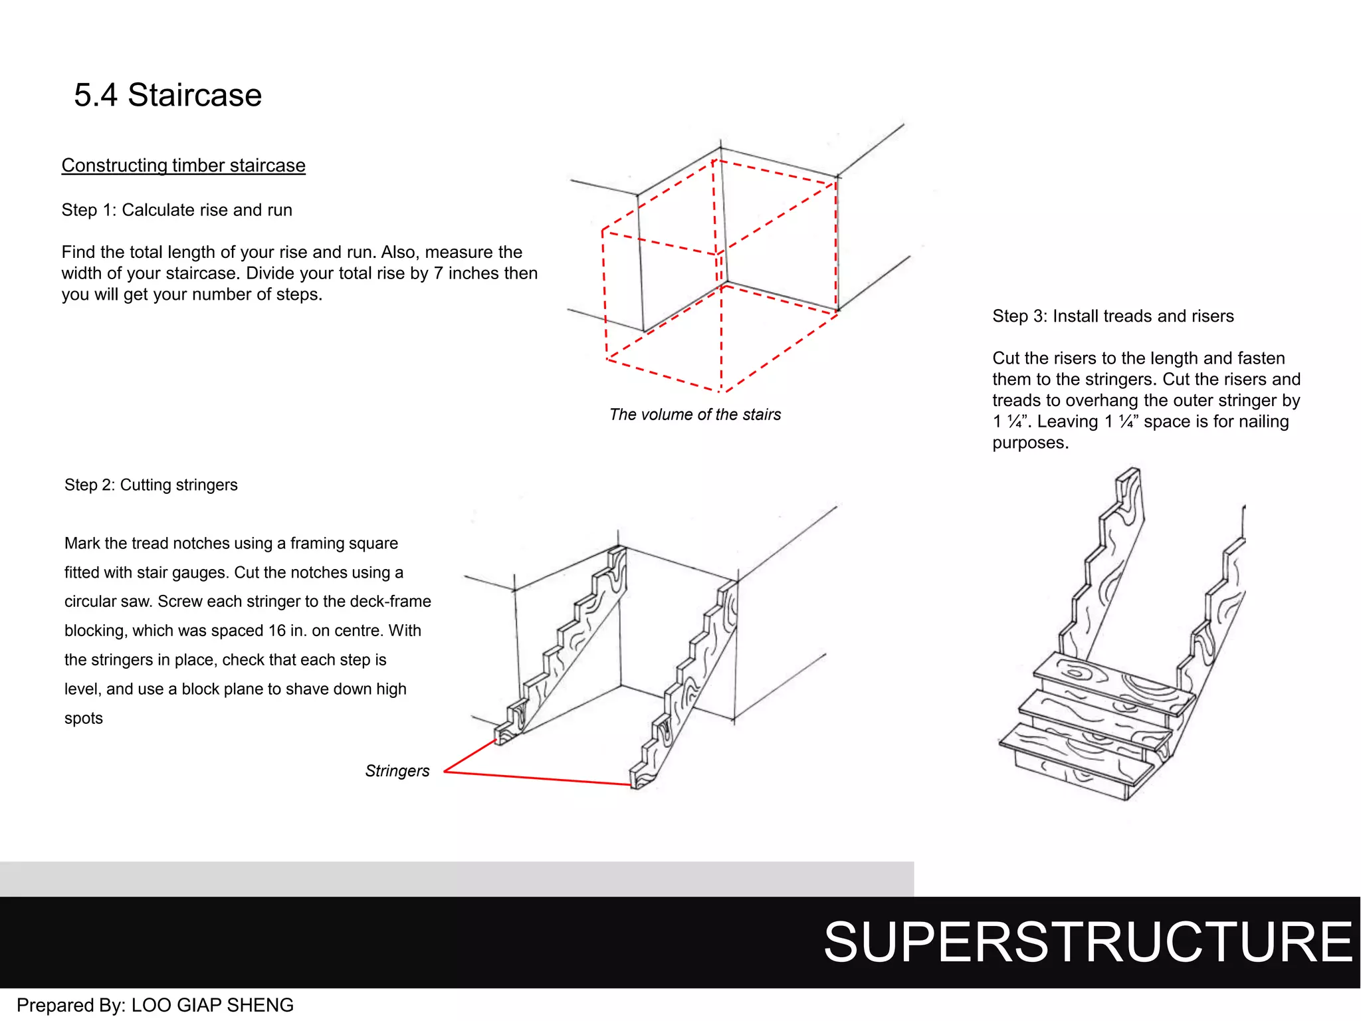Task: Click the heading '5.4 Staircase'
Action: (167, 95)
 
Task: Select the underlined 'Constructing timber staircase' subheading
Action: (183, 166)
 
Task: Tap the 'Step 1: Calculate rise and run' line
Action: (177, 210)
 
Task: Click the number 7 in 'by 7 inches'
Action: (438, 273)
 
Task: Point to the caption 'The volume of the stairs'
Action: (694, 415)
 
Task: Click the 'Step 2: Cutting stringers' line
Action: (151, 485)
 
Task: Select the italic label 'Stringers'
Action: (397, 771)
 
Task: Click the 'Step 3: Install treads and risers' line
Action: (1112, 316)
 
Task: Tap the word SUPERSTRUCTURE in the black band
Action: (1087, 942)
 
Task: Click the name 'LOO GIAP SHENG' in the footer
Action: (212, 1005)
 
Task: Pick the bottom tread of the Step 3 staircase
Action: (1077, 754)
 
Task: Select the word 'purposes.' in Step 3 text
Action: (1030, 443)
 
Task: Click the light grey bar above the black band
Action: (457, 879)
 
